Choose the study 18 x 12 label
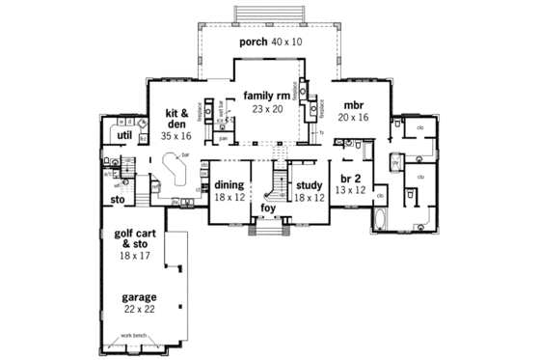pos(309,190)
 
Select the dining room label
pos(229,190)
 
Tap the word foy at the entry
pos(267,207)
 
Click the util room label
pos(123,137)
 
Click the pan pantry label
pos(222,138)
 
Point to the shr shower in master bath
pos(395,163)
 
